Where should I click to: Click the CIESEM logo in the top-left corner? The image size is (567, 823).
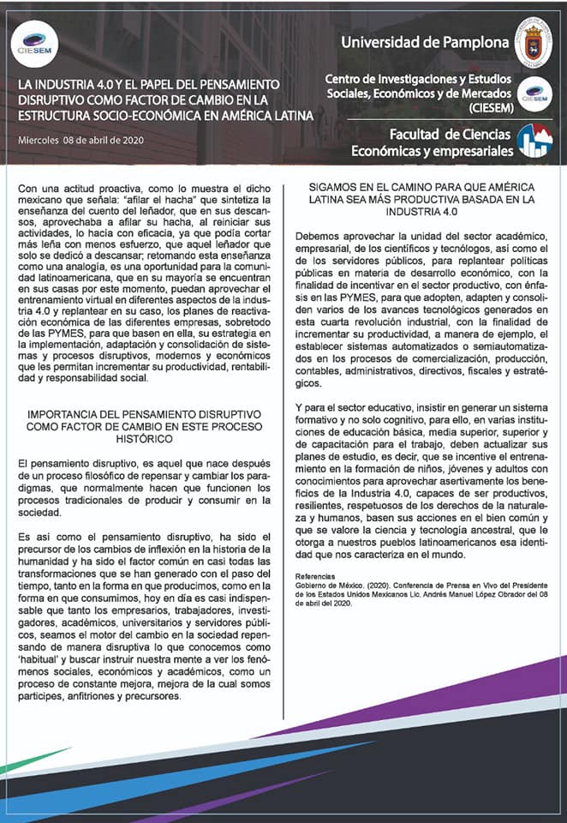point(37,45)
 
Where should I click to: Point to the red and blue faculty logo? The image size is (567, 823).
point(535,141)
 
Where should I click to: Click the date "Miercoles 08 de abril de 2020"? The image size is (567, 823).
point(81,140)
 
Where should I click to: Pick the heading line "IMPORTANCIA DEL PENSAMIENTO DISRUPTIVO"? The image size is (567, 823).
point(143,413)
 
